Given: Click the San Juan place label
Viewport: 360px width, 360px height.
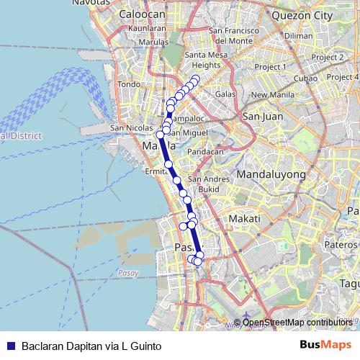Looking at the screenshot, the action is coord(260,116).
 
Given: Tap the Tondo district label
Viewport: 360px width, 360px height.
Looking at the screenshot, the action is coord(127,84).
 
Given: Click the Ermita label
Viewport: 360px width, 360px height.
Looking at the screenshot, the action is coord(156,172).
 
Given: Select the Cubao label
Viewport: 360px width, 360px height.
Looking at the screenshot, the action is coord(305,78).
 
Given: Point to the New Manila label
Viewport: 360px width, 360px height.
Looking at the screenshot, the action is coord(269,94).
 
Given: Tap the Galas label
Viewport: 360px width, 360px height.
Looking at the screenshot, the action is coord(225,94).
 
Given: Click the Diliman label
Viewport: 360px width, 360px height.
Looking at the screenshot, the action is coord(299,35).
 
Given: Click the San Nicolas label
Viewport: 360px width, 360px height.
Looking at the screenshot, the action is coord(127,129).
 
